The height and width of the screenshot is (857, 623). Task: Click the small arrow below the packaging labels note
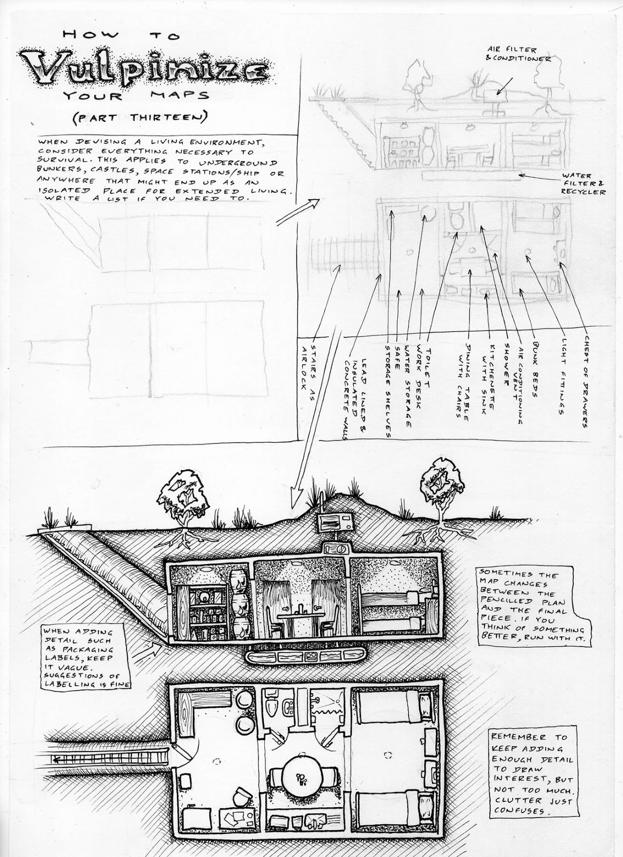click(x=153, y=650)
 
